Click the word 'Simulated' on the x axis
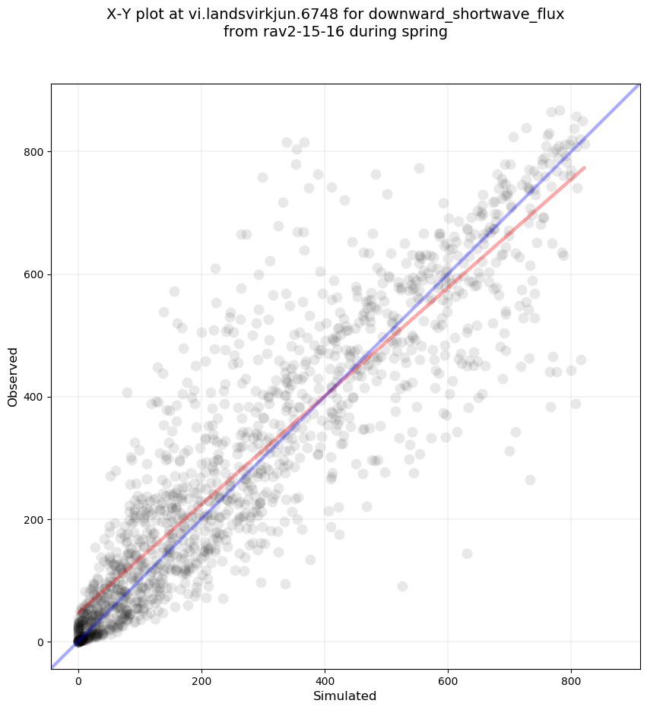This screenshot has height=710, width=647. [x=345, y=696]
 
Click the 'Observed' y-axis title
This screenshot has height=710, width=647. [x=13, y=377]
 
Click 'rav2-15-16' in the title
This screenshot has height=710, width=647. [x=295, y=33]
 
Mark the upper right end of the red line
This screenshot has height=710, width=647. [x=584, y=167]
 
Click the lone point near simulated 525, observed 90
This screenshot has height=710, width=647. [x=402, y=586]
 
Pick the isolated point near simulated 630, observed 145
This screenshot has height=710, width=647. [x=467, y=553]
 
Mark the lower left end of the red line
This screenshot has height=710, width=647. [x=79, y=612]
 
